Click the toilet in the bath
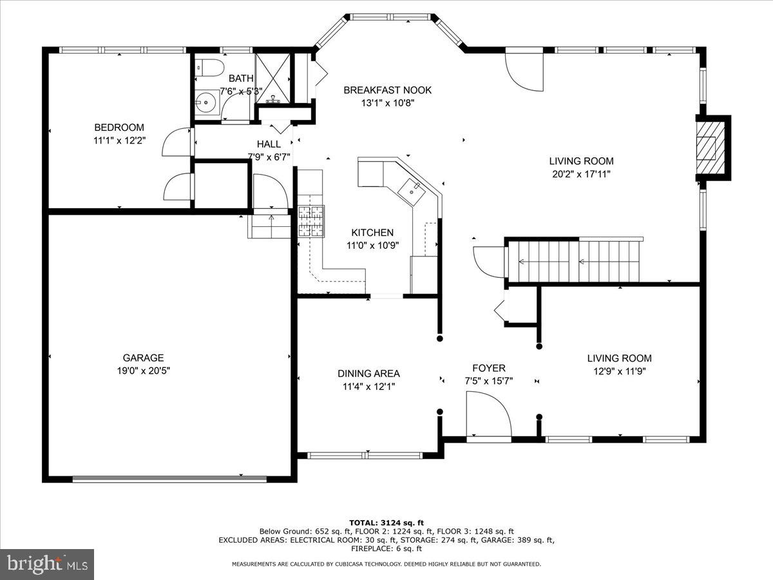[209, 68]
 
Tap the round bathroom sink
[205, 102]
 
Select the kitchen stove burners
[311, 221]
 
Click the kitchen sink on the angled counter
[412, 192]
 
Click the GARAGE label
[143, 358]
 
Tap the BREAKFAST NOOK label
[387, 90]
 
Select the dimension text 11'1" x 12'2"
[119, 140]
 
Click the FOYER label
[489, 368]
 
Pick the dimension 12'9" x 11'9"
[620, 371]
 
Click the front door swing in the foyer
[488, 416]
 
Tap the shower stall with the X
[272, 79]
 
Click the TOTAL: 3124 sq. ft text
[386, 523]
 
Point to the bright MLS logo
[47, 564]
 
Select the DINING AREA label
[368, 373]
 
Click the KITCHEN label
[372, 233]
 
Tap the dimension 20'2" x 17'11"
[581, 174]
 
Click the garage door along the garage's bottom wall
[169, 479]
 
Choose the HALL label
[269, 144]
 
